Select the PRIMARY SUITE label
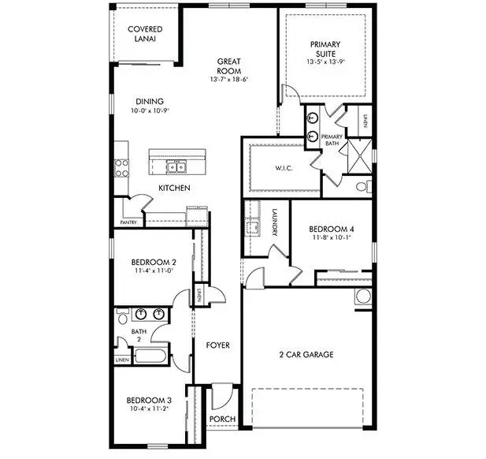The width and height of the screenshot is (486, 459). (x=325, y=49)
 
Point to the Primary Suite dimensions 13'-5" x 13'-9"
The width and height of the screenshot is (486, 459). (x=325, y=61)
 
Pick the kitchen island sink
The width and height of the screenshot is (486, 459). (x=177, y=166)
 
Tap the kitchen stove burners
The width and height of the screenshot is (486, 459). (x=121, y=167)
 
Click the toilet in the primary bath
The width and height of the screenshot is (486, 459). (x=362, y=187)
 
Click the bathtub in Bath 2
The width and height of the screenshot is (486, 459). (x=147, y=356)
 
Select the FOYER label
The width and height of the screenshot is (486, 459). (x=217, y=345)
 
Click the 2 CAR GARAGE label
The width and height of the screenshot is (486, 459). (x=306, y=354)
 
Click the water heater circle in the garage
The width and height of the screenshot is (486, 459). (x=363, y=297)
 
